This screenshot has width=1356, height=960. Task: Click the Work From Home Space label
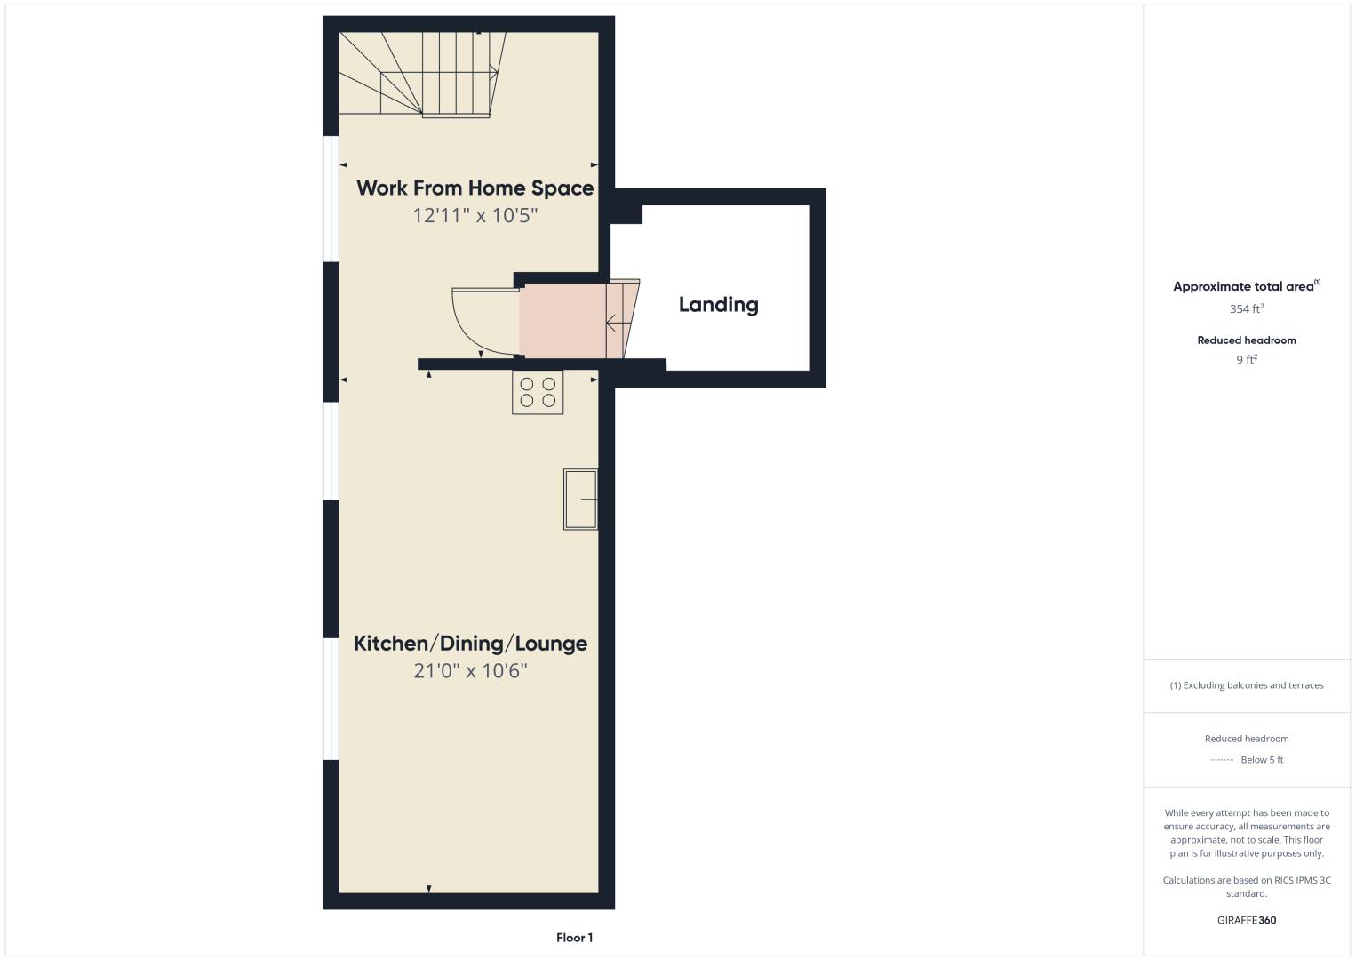[475, 188]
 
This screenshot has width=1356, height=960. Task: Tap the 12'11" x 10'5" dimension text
[475, 216]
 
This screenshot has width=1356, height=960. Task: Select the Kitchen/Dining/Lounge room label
[470, 644]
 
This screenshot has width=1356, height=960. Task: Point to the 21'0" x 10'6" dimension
[470, 671]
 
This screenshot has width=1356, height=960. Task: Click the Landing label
[718, 305]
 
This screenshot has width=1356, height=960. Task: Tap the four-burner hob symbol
[538, 393]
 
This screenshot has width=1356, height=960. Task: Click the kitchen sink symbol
[580, 500]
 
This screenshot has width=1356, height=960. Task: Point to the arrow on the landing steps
[618, 324]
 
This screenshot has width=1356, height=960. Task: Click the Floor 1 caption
[575, 938]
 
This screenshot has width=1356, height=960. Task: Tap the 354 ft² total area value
[1247, 309]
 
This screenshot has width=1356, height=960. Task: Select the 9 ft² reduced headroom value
[1247, 360]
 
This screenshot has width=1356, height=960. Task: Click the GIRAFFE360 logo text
[1247, 920]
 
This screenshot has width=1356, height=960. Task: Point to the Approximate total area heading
[1247, 286]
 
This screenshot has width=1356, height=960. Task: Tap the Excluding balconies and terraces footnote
[1247, 685]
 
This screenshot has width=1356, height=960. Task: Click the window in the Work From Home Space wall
[331, 198]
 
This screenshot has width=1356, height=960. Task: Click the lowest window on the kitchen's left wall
[331, 699]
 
